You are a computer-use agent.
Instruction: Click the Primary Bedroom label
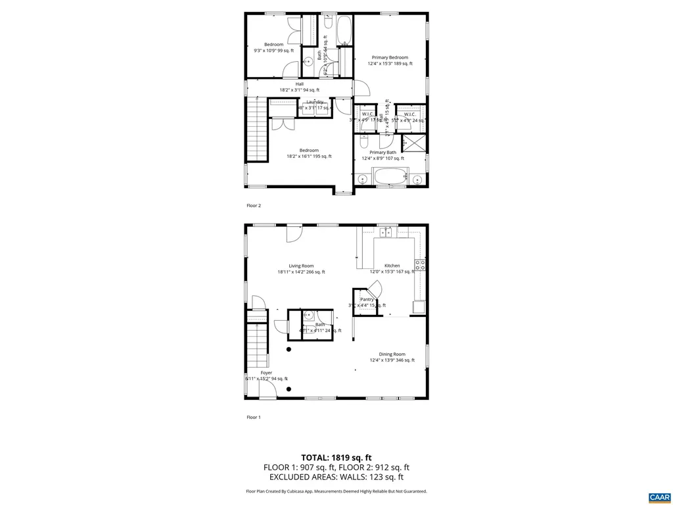click(390, 58)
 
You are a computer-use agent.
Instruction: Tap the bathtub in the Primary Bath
click(390, 178)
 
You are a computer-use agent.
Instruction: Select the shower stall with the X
click(413, 143)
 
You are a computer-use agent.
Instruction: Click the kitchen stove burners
click(419, 266)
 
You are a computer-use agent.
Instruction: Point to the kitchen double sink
click(390, 232)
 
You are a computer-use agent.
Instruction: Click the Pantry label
click(367, 300)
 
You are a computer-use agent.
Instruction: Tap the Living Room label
click(301, 266)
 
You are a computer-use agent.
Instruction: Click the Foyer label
click(266, 373)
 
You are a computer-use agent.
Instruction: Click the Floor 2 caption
click(254, 206)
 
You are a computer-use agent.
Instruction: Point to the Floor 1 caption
click(254, 418)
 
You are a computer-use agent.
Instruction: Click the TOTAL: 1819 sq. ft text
click(336, 458)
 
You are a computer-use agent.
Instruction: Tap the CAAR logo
click(658, 496)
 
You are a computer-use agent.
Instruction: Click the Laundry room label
click(315, 102)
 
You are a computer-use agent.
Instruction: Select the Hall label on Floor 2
click(300, 84)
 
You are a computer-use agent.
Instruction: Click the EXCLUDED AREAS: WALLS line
click(336, 477)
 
